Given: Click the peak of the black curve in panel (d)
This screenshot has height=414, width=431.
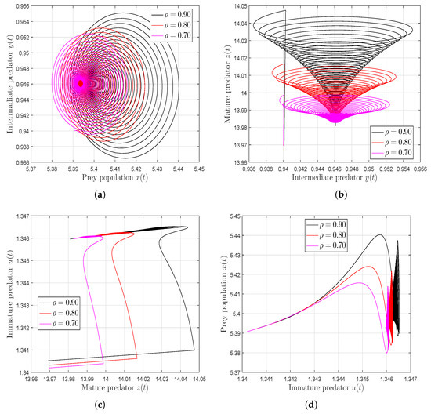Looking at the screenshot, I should pos(380,234).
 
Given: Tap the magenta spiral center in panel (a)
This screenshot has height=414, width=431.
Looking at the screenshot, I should pos(80,82).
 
